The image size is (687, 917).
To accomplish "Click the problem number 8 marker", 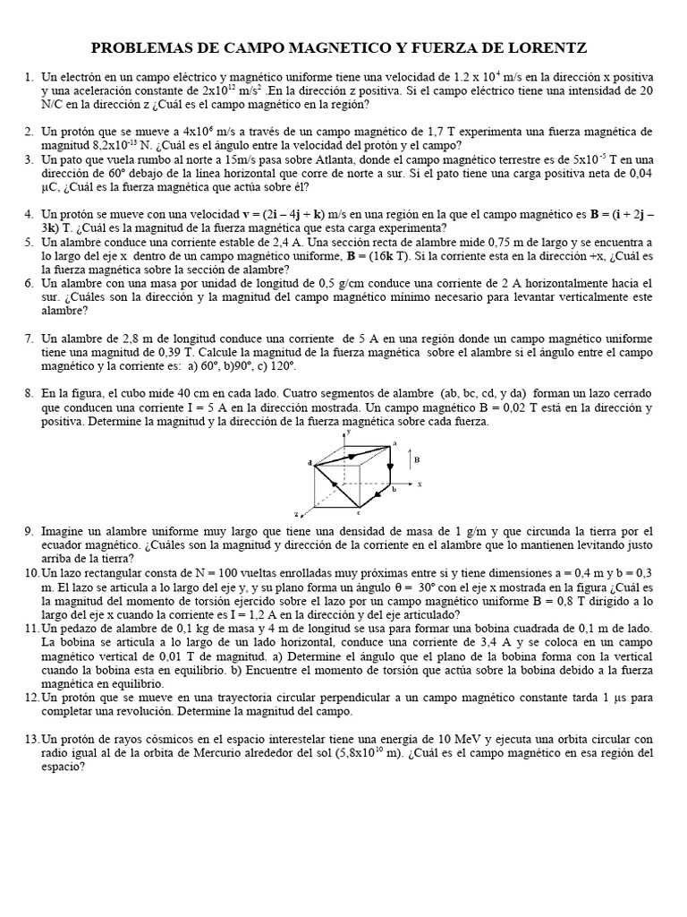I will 30,393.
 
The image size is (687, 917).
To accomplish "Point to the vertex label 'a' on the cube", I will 394,442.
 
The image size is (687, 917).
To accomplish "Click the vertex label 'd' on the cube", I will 310,463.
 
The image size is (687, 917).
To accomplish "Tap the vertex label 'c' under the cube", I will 359,513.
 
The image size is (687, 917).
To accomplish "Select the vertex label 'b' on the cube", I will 394,490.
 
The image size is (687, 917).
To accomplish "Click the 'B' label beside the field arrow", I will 417,459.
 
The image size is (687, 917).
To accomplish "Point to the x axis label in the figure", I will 420,484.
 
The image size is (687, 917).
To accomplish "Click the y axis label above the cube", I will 348,432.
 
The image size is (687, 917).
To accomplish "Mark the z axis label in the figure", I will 296,515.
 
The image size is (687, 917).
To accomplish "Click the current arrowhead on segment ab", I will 389,467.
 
